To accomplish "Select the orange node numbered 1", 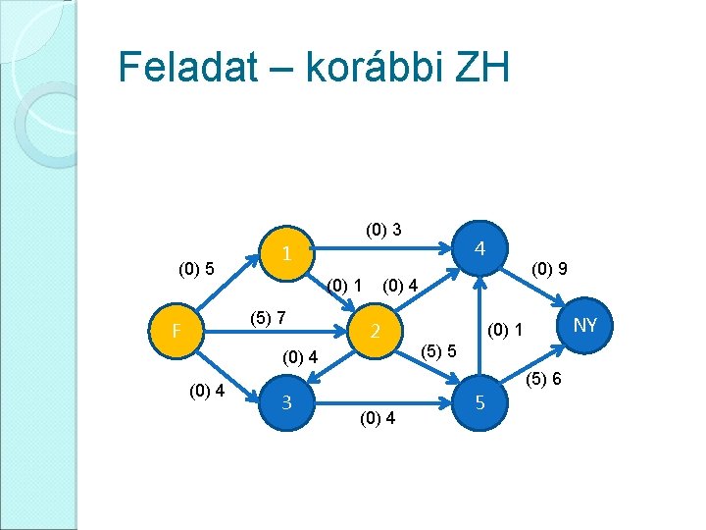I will pos(285,253).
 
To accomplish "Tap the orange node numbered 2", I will pos(374,331).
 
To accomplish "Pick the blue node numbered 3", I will pos(285,402).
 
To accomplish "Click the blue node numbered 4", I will pos(479,248).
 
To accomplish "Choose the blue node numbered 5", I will pos(479,402).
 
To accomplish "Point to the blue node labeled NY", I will pos(584,324).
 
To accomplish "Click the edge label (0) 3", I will pos(382,231).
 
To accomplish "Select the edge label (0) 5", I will pos(196,268).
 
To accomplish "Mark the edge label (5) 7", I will pos(268,318).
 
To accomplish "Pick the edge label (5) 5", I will pos(438,349).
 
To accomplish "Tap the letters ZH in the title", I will pos(479,68).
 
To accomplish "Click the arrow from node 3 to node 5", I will pos(382,402).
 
